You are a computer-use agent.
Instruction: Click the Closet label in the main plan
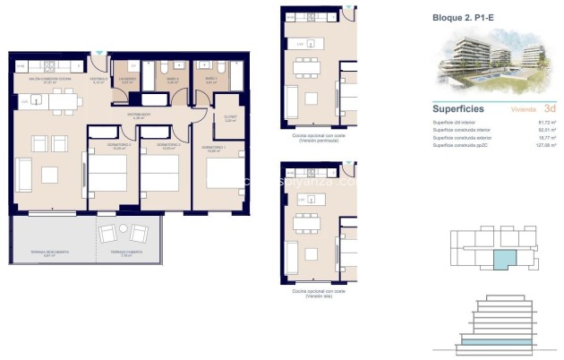[x=230, y=117]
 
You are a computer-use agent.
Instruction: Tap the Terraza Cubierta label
[x=123, y=253]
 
